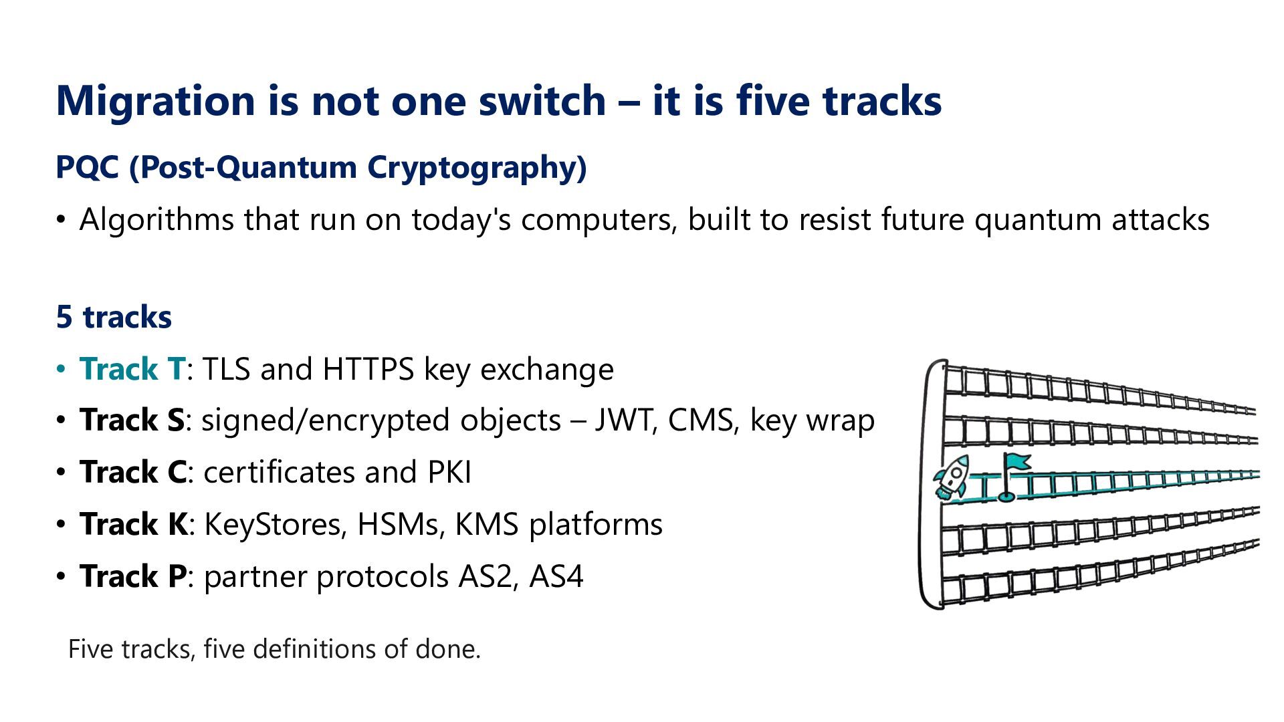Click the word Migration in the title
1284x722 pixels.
click(155, 102)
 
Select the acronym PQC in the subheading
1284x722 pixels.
click(87, 167)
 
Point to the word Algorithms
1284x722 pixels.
click(156, 220)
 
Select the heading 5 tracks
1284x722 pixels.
click(114, 317)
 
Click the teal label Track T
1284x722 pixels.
click(132, 369)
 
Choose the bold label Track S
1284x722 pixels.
click(132, 420)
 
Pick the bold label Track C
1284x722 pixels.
click(133, 473)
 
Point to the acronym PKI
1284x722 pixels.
click(449, 473)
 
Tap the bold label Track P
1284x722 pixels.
click(133, 576)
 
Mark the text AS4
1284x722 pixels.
click(556, 576)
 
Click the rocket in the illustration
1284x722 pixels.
click(951, 477)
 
